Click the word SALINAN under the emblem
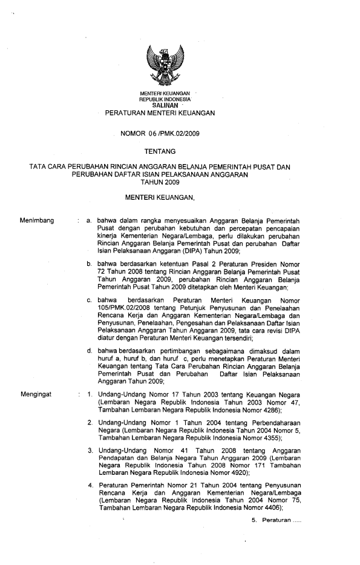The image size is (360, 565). click(165, 104)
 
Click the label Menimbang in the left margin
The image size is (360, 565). click(37, 220)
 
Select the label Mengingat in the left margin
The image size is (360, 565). click(36, 394)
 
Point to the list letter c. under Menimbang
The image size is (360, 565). click(89, 300)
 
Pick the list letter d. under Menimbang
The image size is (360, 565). click(89, 351)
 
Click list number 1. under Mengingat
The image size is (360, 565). click(89, 394)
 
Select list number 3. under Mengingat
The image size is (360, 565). click(89, 450)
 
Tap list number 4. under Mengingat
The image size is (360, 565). click(89, 486)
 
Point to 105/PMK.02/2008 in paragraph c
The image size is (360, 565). click(123, 308)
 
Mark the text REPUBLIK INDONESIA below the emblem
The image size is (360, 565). click(165, 98)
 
